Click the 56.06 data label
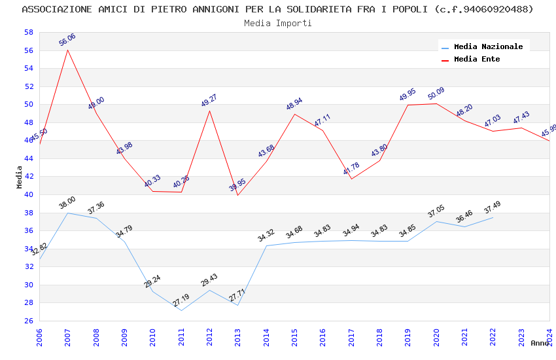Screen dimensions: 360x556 click(67, 40)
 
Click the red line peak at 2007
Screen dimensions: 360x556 click(67, 50)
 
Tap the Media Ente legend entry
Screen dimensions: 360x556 click(477, 60)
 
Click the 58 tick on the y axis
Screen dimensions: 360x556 click(28, 33)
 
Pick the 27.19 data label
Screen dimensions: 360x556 click(181, 300)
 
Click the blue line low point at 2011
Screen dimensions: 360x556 click(181, 310)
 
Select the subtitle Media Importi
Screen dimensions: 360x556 click(277, 24)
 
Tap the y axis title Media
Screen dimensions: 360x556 click(20, 177)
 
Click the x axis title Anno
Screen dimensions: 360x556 click(540, 343)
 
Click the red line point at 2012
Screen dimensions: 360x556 click(209, 110)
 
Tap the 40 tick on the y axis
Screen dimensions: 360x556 click(28, 195)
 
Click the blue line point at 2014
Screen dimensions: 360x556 click(266, 245)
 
